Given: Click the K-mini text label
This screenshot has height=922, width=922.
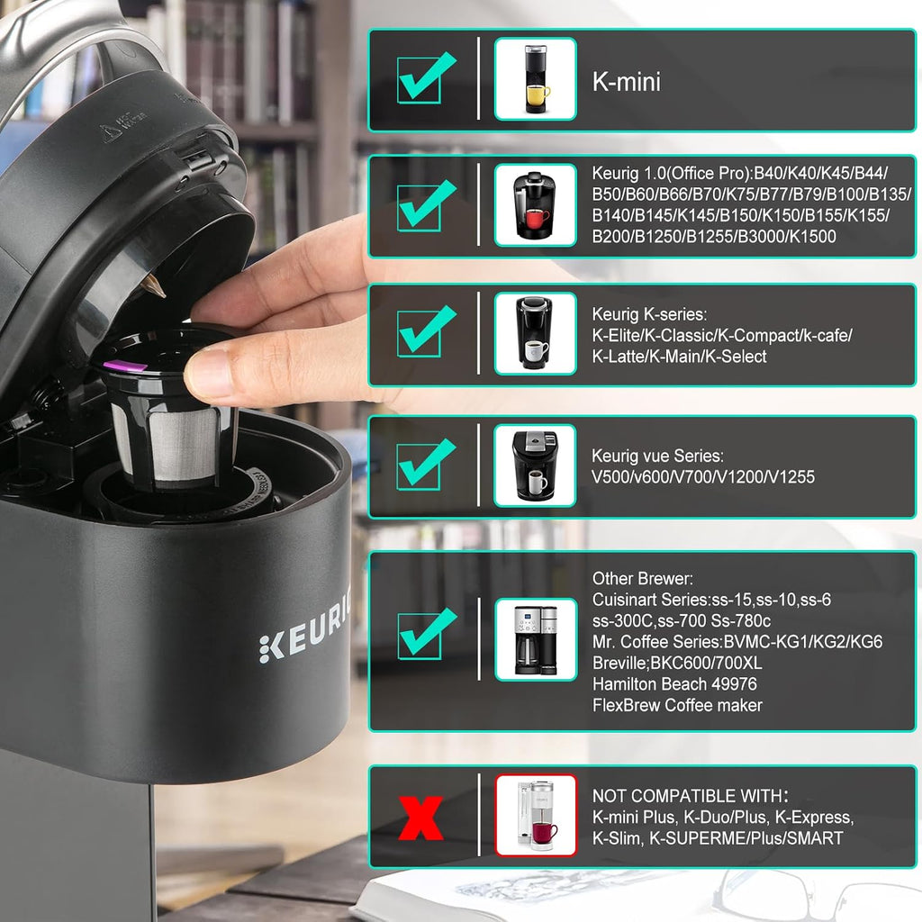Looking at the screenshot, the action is (x=627, y=81).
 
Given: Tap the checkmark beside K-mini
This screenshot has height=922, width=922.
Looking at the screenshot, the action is (x=426, y=77).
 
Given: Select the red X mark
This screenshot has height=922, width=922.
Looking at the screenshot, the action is (x=420, y=818).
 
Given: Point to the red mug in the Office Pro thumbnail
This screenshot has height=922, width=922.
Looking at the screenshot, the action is (x=537, y=218).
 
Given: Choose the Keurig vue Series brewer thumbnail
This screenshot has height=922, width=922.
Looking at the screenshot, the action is (x=535, y=466).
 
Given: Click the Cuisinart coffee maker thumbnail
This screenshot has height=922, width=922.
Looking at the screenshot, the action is (x=536, y=640).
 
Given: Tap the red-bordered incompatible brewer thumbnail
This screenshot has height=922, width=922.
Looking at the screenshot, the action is (x=536, y=815).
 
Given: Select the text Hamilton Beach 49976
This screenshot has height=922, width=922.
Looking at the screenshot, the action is (x=674, y=684).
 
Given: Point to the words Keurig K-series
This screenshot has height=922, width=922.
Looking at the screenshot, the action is (x=649, y=314).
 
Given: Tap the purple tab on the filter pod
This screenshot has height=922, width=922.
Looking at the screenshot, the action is (x=124, y=366).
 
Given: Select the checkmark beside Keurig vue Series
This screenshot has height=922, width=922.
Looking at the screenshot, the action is (x=426, y=464).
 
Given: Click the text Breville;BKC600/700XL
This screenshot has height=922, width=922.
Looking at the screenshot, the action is (x=677, y=663).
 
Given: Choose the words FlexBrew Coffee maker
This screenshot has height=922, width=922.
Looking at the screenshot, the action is (x=677, y=705).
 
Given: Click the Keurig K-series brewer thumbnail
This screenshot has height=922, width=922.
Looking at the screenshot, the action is (x=535, y=333).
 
